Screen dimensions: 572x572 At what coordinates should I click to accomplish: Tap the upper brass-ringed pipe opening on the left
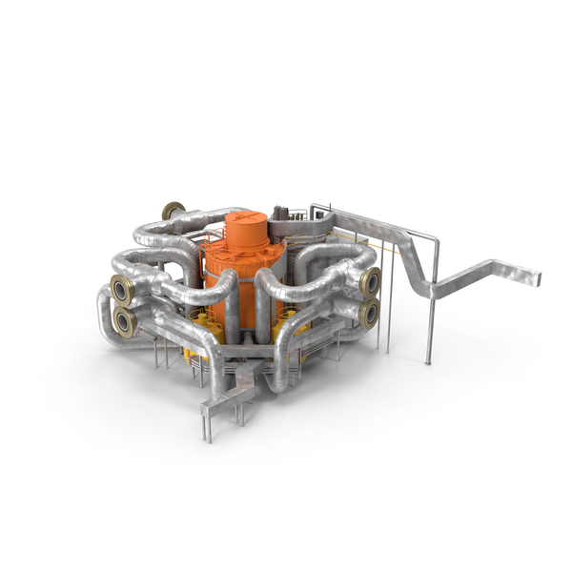(x=122, y=290)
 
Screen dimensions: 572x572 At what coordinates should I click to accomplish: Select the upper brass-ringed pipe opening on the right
(x=370, y=280)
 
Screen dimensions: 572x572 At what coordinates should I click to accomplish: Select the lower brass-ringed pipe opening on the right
(x=368, y=312)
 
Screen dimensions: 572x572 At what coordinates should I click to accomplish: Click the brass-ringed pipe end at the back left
(x=173, y=212)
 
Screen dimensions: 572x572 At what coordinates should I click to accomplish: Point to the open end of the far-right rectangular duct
(x=537, y=278)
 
